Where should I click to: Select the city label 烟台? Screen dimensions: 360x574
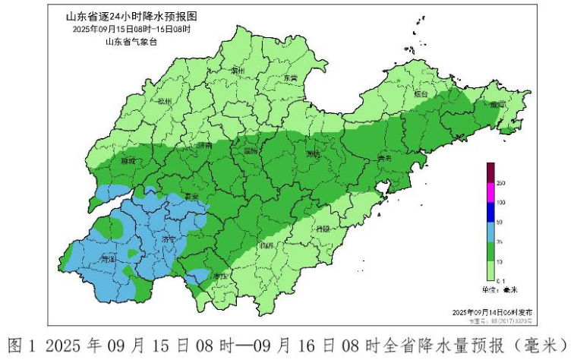pos(422,94)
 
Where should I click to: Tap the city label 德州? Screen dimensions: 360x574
pos(166,101)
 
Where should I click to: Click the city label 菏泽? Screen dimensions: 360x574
pos(109,259)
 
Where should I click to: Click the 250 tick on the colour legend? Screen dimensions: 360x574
pos(500,183)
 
